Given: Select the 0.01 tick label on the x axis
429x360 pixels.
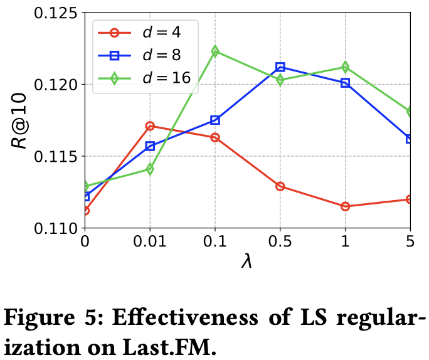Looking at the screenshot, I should pyautogui.click(x=150, y=241).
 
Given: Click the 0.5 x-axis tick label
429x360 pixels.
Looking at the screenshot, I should pyautogui.click(x=280, y=241).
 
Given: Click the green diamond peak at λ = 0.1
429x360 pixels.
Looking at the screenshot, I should pyautogui.click(x=215, y=51).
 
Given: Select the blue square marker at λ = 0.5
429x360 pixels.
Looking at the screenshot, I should pyautogui.click(x=280, y=67).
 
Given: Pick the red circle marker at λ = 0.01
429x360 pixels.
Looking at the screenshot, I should pyautogui.click(x=150, y=126).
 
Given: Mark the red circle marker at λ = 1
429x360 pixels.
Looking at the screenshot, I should pyautogui.click(x=346, y=206).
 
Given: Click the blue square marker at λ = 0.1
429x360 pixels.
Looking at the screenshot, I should pyautogui.click(x=215, y=120).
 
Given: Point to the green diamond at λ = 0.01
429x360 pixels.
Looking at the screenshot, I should pyautogui.click(x=150, y=169).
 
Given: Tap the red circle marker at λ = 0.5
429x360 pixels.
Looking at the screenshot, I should pyautogui.click(x=280, y=186).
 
